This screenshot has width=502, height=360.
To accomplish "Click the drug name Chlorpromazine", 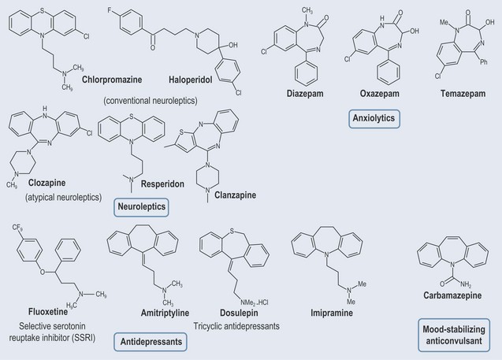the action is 112,80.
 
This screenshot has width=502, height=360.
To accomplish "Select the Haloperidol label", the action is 191,80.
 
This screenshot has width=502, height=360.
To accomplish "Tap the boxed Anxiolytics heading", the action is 374,118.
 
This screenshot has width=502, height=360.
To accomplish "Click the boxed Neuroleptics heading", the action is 142,206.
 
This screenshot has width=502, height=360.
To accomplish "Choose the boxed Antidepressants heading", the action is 151,342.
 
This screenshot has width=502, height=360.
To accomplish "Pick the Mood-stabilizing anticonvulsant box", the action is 454,335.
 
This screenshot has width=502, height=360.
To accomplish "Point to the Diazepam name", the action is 305,94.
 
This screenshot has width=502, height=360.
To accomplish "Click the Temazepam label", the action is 463,94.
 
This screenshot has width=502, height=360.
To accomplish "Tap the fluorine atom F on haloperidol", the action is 110,10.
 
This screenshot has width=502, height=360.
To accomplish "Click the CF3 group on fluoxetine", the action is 17,228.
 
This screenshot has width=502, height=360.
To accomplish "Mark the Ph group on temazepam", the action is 483,61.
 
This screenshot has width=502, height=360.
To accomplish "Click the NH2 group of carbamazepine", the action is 466,284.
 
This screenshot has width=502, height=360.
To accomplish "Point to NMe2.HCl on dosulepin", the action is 255,302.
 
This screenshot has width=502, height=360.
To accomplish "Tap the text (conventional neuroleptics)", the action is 151,101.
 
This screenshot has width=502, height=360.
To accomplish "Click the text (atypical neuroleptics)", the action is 63,197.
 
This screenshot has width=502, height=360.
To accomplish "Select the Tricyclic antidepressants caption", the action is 236,326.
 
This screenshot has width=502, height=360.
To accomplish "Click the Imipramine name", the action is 332,313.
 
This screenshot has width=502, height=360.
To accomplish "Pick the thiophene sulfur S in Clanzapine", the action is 181,132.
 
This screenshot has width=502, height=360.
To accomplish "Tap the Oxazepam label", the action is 379,94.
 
